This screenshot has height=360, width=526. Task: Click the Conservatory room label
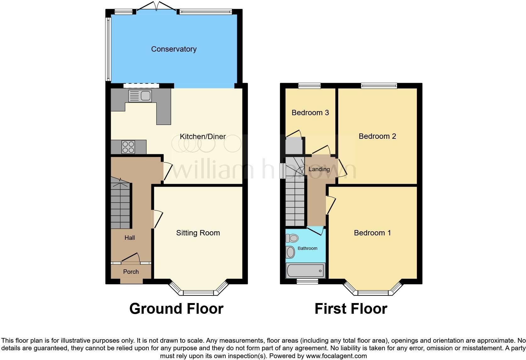click(174, 49)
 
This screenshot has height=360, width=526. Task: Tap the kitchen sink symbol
click(140, 96)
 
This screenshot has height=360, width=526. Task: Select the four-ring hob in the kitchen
click(128, 147)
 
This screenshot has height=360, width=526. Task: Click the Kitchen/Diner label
click(203, 137)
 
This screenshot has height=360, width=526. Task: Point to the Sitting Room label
click(198, 233)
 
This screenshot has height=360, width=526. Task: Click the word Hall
click(130, 238)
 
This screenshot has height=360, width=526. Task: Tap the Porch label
click(131, 272)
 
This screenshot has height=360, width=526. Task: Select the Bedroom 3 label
click(310, 113)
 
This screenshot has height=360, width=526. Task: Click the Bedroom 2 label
click(377, 136)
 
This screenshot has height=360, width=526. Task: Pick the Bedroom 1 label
click(372, 233)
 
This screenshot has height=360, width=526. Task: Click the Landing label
click(319, 169)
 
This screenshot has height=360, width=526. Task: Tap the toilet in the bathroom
click(292, 238)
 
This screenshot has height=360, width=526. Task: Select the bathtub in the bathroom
click(305, 270)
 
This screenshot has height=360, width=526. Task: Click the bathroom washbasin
click(290, 252)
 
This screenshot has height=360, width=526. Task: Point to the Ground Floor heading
click(176, 309)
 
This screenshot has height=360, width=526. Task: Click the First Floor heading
click(351, 309)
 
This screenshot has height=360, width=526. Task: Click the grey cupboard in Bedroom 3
click(294, 146)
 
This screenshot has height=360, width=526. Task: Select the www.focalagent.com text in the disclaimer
click(336, 356)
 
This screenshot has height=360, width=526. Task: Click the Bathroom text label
click(307, 249)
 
